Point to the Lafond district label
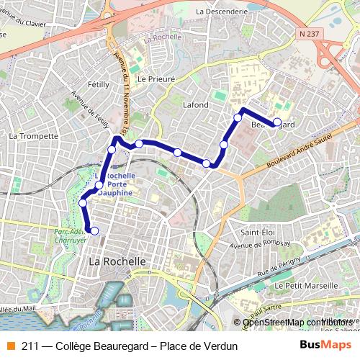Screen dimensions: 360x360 tap(196, 105)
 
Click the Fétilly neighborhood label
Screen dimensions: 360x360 tap(98, 84)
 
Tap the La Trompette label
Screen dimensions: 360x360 tap(33, 135)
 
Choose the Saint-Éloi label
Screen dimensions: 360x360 tap(258, 233)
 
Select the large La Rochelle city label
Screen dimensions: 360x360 tap(117, 261)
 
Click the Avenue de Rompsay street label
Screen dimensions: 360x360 tap(264, 245)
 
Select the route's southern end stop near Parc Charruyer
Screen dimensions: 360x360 tap(94, 230)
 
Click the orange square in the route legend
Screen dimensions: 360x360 tap(11, 346)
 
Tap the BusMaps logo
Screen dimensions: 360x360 tap(325, 346)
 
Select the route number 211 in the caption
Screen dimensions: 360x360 tap(30, 346)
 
